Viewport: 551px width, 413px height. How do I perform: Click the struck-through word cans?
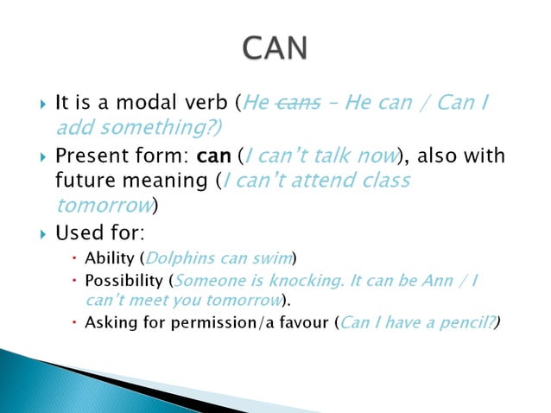pos(299,105)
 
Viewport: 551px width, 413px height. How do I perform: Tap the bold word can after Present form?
pos(215,158)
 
